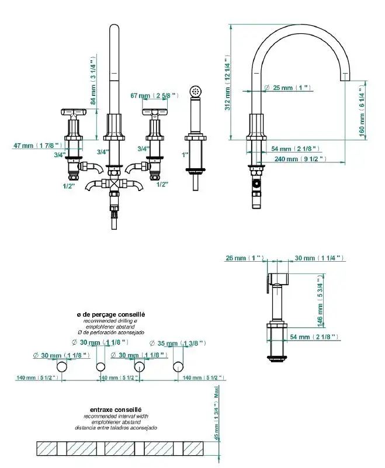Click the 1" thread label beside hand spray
click(185, 155)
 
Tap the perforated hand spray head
click(196, 91)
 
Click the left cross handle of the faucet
click(74, 111)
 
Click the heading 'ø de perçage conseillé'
click(110, 314)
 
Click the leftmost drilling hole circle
click(61, 367)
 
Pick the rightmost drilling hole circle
click(178, 367)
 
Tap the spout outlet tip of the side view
click(345, 77)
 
